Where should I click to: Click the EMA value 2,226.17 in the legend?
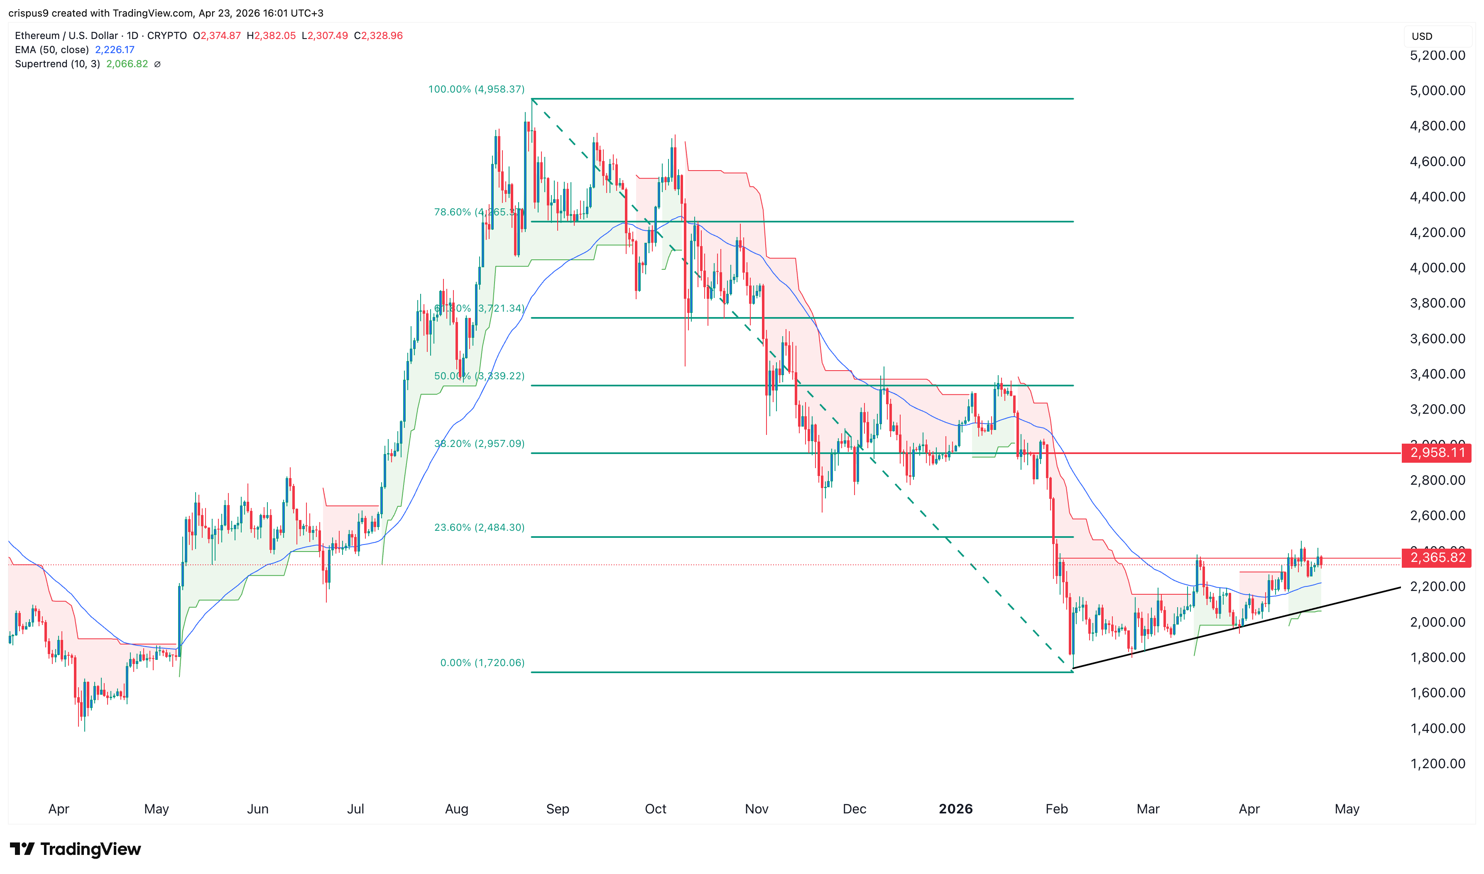[x=115, y=50]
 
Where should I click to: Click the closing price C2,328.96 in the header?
[x=378, y=36]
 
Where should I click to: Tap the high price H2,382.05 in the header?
[x=271, y=36]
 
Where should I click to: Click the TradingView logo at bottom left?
[x=76, y=849]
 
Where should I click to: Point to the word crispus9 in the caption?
[x=28, y=13]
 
